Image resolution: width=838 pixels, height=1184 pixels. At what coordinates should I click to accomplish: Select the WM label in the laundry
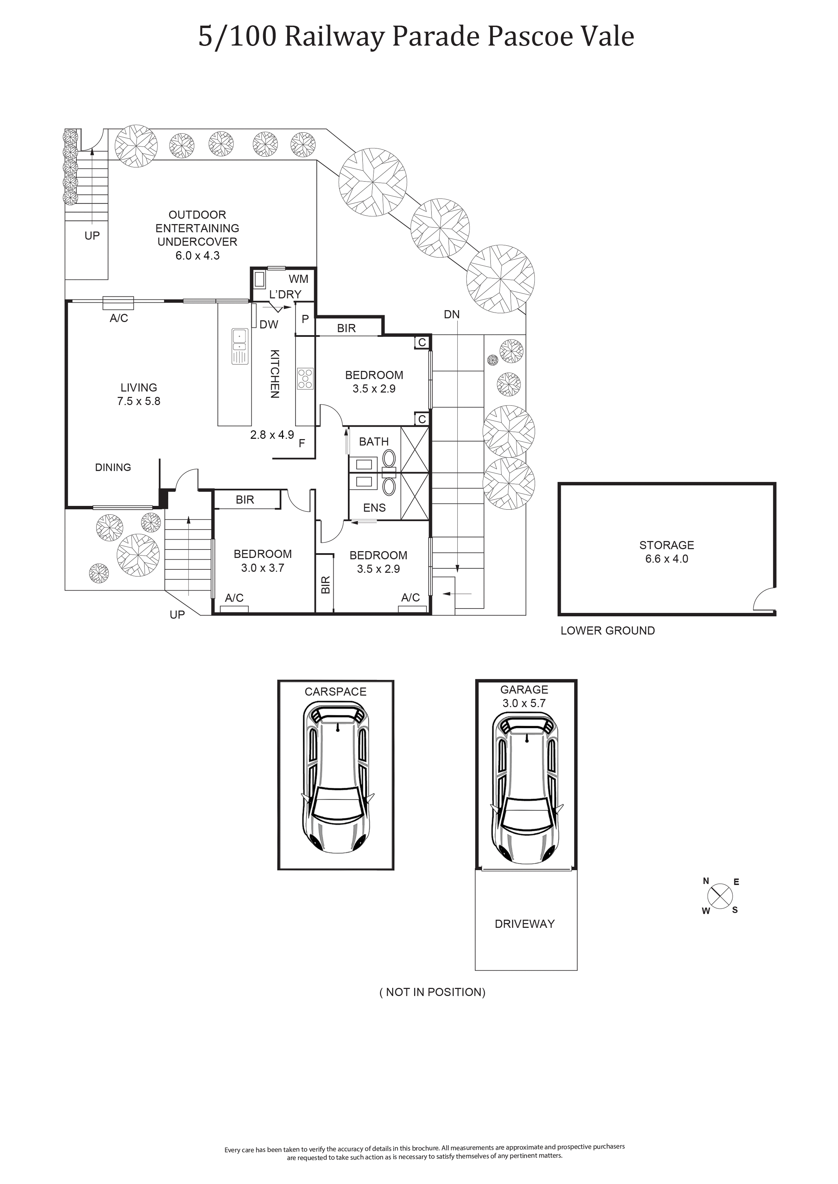point(298,279)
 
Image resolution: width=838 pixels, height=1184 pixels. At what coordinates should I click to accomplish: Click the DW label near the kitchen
point(269,324)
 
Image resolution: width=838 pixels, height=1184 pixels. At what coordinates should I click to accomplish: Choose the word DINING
point(113,467)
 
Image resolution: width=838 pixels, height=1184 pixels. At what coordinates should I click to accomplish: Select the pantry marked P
point(305,319)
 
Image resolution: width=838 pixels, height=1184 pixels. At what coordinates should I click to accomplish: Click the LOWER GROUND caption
point(608,631)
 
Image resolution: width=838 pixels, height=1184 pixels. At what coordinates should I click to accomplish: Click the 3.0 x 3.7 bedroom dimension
point(263,568)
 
